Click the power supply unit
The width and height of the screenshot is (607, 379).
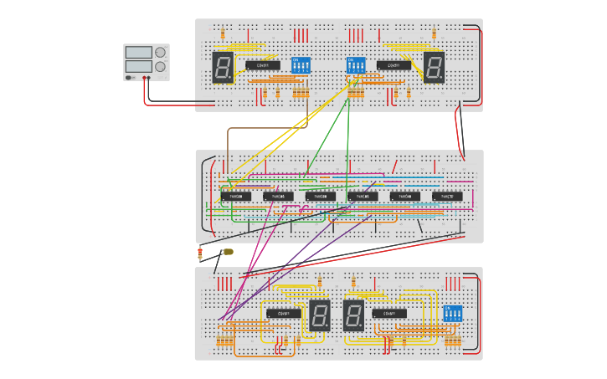coord(146,62)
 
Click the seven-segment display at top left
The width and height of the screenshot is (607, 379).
coord(223,67)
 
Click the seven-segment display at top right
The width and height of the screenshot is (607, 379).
coord(434,67)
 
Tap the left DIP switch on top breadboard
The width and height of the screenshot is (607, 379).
coord(301,65)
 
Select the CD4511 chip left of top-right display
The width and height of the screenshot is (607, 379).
coord(394,65)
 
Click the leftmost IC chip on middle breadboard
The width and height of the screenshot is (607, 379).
coord(235,197)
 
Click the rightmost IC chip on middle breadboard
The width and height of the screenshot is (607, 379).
coord(447,197)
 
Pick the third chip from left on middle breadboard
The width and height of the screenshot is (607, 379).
coord(320,197)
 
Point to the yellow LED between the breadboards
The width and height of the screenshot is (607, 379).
coord(228,251)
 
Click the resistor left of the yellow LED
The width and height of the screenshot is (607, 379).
coord(199,253)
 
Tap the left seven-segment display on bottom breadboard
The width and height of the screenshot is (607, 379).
coord(319,315)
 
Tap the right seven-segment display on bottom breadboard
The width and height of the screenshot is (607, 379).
coord(352,315)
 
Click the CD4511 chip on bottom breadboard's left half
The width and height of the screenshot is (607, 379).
coord(284,314)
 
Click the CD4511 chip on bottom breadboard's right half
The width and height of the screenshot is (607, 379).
coord(389,314)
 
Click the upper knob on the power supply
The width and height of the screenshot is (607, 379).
coord(160,52)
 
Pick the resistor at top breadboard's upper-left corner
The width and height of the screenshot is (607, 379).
coord(223,33)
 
